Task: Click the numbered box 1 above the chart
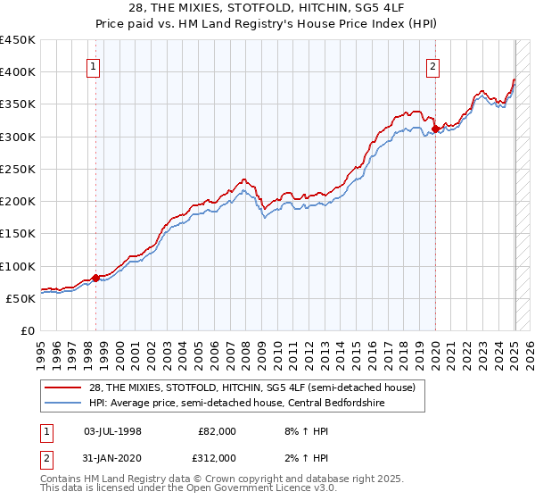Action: click(94, 65)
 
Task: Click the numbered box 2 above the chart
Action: click(432, 65)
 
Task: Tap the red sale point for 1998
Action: click(95, 278)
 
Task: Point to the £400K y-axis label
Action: click(18, 72)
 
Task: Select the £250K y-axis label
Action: click(18, 169)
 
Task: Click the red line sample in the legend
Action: click(62, 387)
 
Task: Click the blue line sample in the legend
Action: click(62, 403)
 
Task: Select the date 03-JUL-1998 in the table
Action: click(112, 431)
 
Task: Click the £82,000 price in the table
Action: click(217, 431)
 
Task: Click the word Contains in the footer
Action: click(64, 480)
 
